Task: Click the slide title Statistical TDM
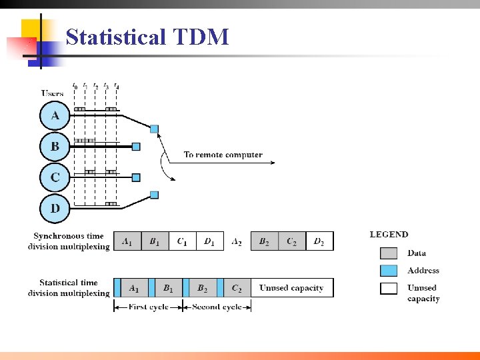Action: tap(147, 37)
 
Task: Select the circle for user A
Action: tap(55, 116)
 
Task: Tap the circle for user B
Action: tap(55, 146)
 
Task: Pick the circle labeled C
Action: tap(55, 177)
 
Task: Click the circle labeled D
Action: tap(55, 208)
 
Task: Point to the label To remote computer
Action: tap(223, 155)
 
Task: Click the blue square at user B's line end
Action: tap(136, 146)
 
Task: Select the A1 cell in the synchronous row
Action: tap(127, 241)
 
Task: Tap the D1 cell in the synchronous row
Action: tap(209, 241)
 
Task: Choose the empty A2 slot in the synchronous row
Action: tap(237, 241)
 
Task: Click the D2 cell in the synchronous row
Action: tap(319, 241)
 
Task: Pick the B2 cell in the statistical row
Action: tap(202, 288)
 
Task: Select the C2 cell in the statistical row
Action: tap(237, 288)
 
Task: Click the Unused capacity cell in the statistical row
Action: tap(291, 288)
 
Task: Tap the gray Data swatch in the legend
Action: tap(389, 253)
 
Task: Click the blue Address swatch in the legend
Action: tap(389, 271)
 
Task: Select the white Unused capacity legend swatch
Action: tap(389, 288)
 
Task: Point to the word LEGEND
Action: tap(389, 235)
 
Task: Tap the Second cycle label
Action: tap(217, 307)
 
